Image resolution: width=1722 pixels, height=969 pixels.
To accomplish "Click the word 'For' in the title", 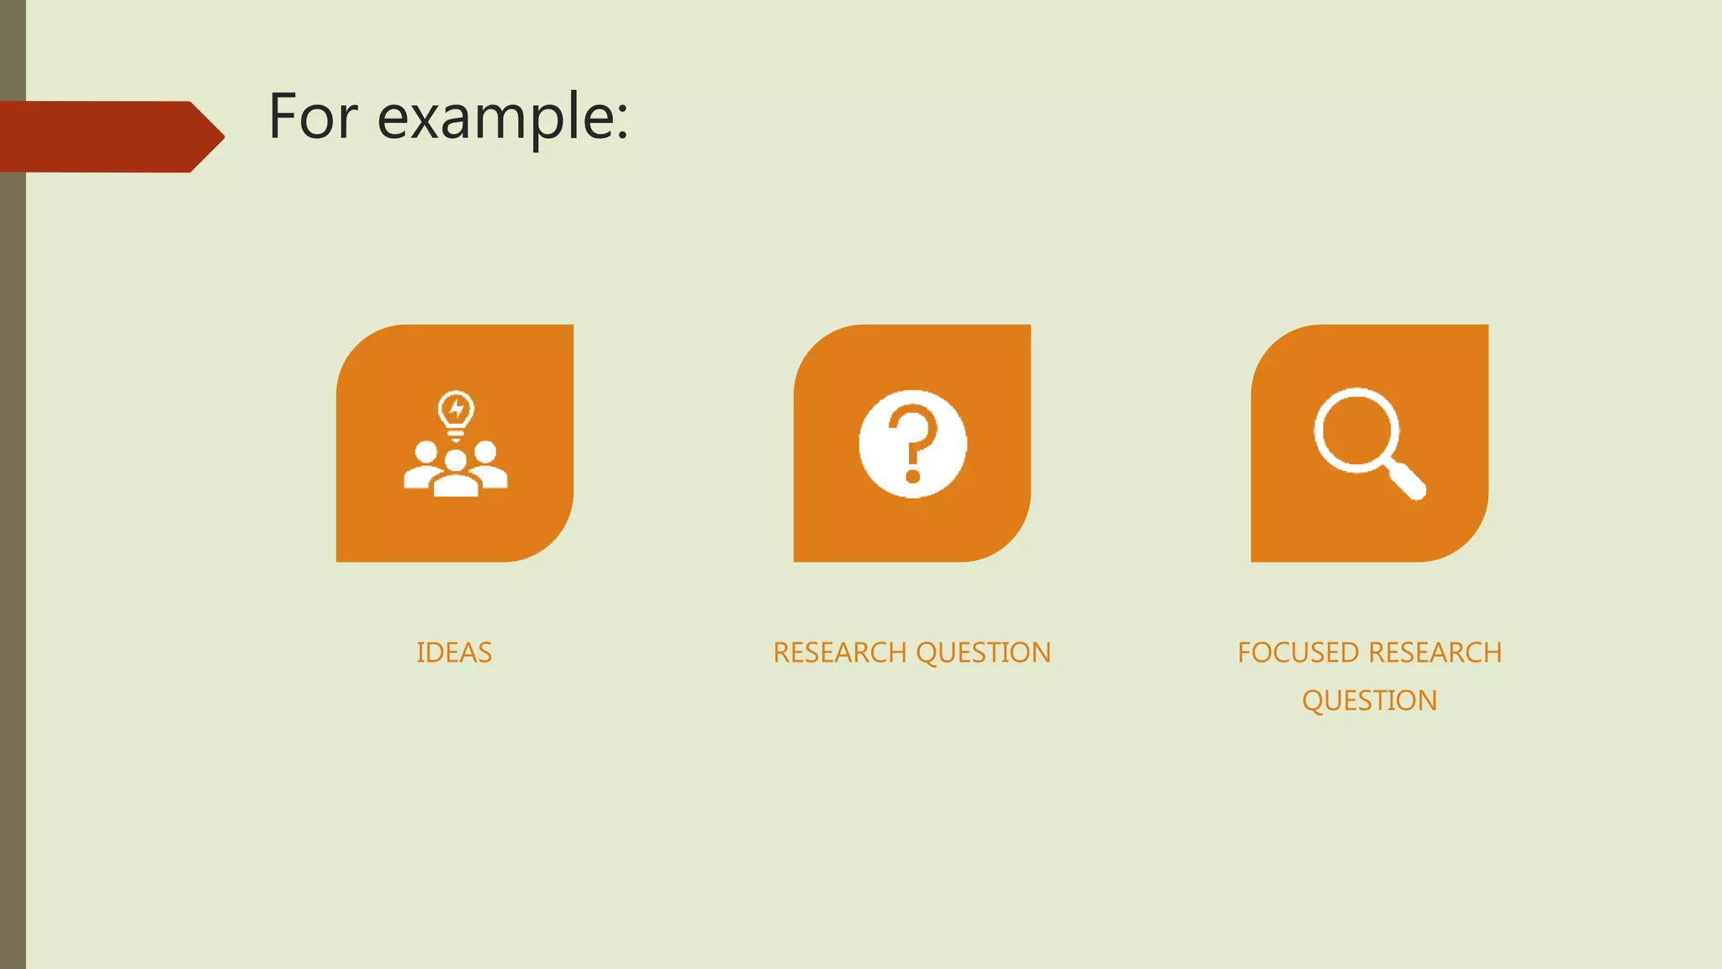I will [313, 117].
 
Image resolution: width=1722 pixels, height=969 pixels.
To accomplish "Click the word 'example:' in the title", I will [502, 119].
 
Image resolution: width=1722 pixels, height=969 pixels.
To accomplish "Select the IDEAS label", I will [454, 653].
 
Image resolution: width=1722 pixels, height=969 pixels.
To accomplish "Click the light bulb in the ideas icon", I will [456, 412].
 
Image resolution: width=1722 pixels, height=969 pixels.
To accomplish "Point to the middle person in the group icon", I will [456, 476].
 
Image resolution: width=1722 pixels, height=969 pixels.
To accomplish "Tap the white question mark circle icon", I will [912, 443].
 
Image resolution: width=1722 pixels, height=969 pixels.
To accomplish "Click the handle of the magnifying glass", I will [1407, 481].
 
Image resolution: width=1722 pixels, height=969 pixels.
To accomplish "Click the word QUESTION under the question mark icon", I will [983, 653].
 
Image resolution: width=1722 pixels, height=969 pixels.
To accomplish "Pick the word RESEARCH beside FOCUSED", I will [1435, 653].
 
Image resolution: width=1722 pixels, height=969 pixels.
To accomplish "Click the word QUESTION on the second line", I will [1369, 701].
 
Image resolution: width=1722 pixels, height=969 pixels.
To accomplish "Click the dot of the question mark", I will [913, 477].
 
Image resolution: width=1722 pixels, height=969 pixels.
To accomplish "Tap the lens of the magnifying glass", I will [1356, 430].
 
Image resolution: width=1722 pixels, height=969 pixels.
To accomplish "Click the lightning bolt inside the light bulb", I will [456, 409].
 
